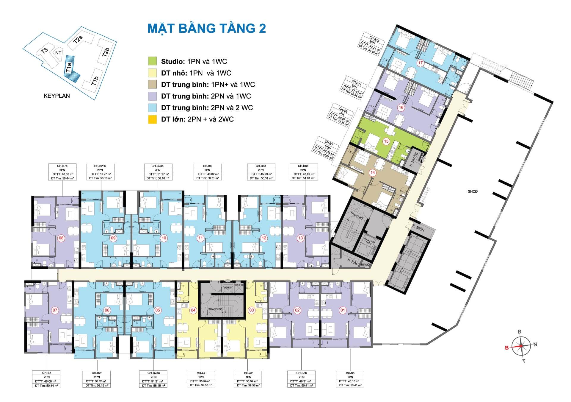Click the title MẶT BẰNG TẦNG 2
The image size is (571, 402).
(x=207, y=29)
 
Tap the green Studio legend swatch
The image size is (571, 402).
(x=152, y=61)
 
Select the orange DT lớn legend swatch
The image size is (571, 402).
(x=152, y=119)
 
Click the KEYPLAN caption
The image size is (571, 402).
(x=57, y=96)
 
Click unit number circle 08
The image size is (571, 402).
(x=61, y=238)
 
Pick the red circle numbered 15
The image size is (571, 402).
(x=386, y=141)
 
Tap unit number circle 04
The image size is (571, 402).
(x=193, y=310)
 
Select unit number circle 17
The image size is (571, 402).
(x=420, y=63)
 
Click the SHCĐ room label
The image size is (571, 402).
(x=472, y=191)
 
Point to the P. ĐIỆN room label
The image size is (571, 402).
(x=418, y=228)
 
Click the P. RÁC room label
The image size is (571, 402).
(x=353, y=261)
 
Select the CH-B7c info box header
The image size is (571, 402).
(x=62, y=166)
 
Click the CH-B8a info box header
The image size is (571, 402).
(x=303, y=166)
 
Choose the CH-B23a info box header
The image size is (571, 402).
(x=153, y=373)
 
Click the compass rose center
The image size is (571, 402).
(x=521, y=346)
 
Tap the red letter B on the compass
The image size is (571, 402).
(x=507, y=348)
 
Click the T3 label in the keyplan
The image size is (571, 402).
(x=45, y=51)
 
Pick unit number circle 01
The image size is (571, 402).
(x=343, y=310)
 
